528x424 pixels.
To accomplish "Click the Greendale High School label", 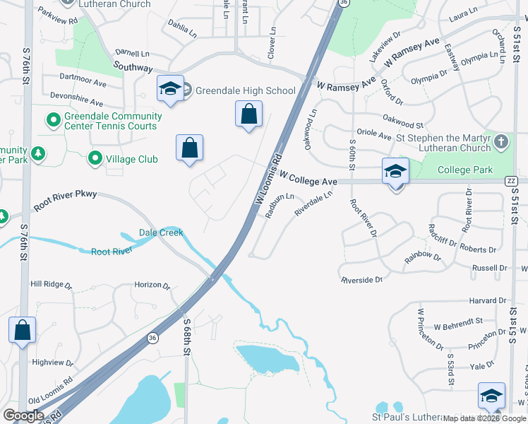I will click(245, 90).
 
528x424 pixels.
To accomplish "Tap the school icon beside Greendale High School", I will click(170, 88).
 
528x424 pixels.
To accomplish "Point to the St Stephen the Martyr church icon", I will click(501, 141).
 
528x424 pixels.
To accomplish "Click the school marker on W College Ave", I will click(395, 172).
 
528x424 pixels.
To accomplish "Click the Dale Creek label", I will click(161, 232).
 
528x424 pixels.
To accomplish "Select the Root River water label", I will click(112, 251).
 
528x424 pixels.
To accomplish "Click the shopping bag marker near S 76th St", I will click(23, 330).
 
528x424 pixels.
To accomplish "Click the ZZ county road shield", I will click(512, 181).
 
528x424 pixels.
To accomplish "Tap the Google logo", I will click(23, 415).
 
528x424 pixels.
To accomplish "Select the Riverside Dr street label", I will click(361, 280).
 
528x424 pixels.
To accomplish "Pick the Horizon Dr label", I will click(152, 285).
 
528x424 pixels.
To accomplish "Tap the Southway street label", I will click(133, 68).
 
